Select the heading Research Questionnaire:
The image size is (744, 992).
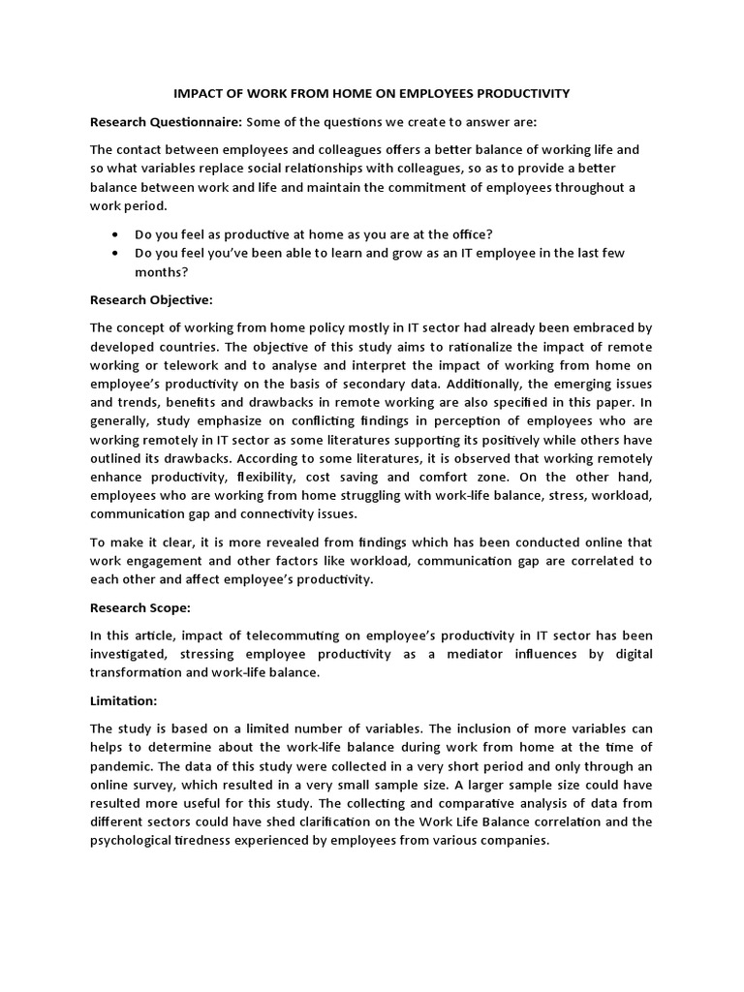[166, 122]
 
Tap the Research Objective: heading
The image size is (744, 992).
[150, 299]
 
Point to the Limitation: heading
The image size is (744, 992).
[123, 699]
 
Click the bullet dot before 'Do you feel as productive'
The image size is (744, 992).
[116, 234]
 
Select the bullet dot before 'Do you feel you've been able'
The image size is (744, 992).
[116, 253]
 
